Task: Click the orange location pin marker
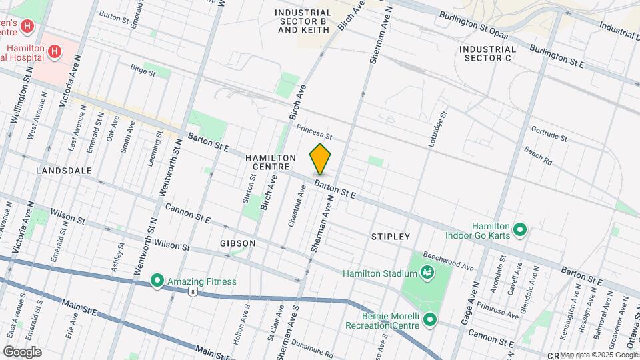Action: click(320, 159)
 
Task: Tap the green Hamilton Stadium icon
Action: click(427, 272)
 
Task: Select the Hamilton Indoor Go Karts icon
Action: click(521, 231)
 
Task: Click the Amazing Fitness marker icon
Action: click(157, 281)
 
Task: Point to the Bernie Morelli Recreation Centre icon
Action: click(430, 320)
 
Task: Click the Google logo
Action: click(22, 351)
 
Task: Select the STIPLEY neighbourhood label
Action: click(391, 237)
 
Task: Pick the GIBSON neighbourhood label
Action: click(237, 243)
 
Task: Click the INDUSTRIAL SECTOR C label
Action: click(487, 53)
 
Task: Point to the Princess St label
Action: click(314, 132)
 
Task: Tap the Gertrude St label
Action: click(549, 133)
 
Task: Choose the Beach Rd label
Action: click(538, 156)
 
